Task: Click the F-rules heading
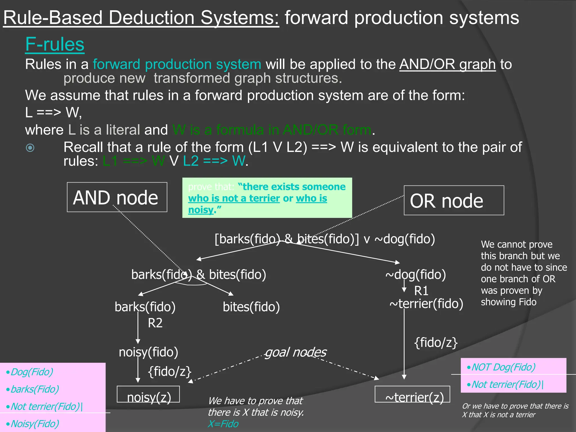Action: pos(55,44)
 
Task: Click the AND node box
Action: pos(117,197)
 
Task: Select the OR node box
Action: pos(453,201)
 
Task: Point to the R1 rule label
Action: pos(421,291)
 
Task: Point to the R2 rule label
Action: pos(155,323)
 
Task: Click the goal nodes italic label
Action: pos(296,352)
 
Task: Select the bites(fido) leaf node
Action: pos(251,307)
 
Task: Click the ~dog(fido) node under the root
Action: pos(415,274)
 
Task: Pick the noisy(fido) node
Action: pos(148,352)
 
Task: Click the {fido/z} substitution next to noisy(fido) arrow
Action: pos(170,372)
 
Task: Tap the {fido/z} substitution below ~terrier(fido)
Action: pos(436,343)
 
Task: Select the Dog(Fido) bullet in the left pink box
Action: pos(31,372)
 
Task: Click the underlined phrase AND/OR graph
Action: pos(447,64)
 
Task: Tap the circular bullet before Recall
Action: pos(30,148)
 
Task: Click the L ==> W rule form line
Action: pos(53,112)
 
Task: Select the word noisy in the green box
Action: pos(201,210)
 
